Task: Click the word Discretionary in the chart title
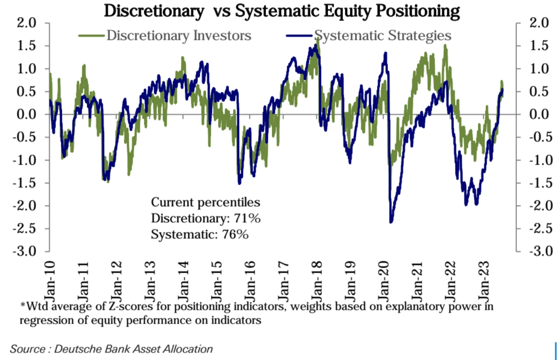click(154, 11)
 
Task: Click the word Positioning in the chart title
click(418, 11)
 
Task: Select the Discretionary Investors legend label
click(179, 36)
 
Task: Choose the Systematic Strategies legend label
click(383, 36)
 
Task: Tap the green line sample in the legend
click(91, 36)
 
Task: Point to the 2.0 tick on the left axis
click(27, 23)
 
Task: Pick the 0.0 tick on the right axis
click(539, 114)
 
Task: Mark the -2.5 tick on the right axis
click(541, 228)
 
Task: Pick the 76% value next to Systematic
click(235, 235)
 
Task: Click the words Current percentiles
click(205, 202)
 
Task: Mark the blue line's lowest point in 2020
click(391, 221)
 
